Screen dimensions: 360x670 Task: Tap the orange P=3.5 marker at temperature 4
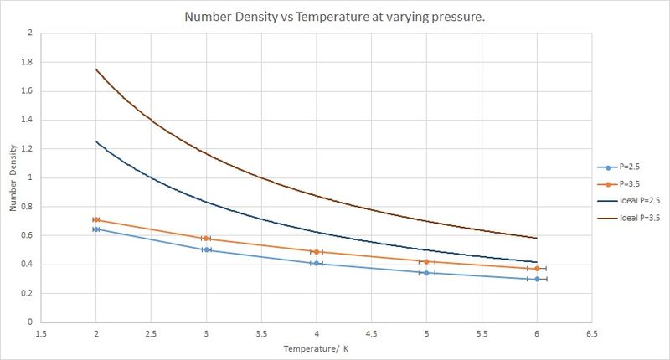[x=317, y=251]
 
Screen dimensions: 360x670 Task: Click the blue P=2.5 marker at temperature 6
[x=537, y=279]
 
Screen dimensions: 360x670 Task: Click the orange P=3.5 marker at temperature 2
[x=96, y=219]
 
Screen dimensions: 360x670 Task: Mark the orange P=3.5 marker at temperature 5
[x=426, y=262]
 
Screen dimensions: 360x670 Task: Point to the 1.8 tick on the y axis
[x=32, y=62]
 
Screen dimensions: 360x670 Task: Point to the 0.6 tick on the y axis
[x=32, y=235]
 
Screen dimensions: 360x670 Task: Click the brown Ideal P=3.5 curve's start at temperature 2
[x=96, y=69]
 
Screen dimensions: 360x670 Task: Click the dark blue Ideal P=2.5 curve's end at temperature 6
[x=537, y=262]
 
